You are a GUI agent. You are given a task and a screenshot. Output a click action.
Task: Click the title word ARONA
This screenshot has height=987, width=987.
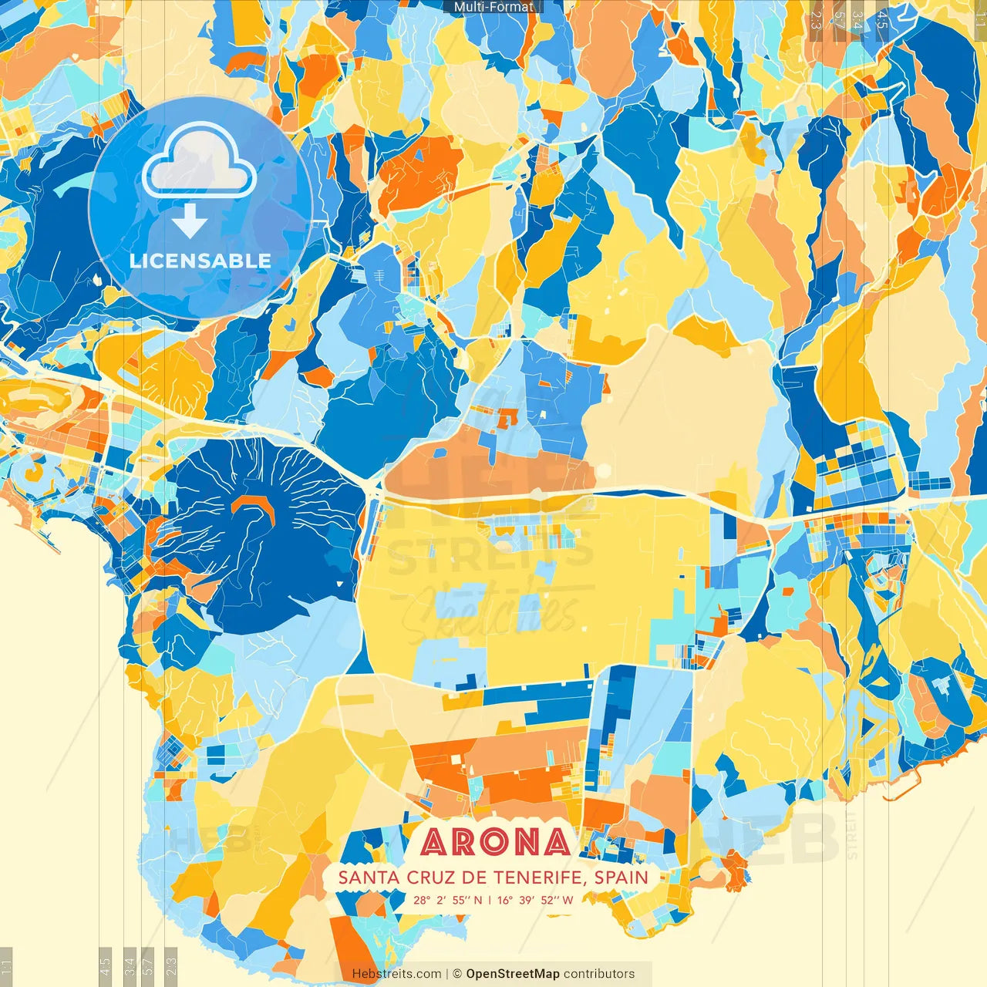496,843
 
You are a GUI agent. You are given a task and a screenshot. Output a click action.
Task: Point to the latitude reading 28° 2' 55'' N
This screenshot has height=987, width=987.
448,900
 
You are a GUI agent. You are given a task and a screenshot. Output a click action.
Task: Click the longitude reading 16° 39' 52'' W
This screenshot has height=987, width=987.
535,900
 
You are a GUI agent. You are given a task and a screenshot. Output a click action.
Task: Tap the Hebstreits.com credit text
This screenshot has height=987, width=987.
396,974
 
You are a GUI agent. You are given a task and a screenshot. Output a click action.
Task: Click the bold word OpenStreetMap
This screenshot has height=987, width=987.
513,974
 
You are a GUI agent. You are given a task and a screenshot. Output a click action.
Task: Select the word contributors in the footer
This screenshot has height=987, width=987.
599,974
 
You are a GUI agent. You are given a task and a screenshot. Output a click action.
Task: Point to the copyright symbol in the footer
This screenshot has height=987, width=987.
456,974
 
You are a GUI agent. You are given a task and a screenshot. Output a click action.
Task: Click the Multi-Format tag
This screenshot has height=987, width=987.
493,7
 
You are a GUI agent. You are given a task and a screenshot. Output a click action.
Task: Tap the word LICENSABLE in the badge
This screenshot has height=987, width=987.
200,261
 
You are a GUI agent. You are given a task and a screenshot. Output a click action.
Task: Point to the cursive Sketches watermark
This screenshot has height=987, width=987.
493,613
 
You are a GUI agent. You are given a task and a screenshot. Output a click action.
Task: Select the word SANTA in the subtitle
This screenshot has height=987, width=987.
365,878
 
